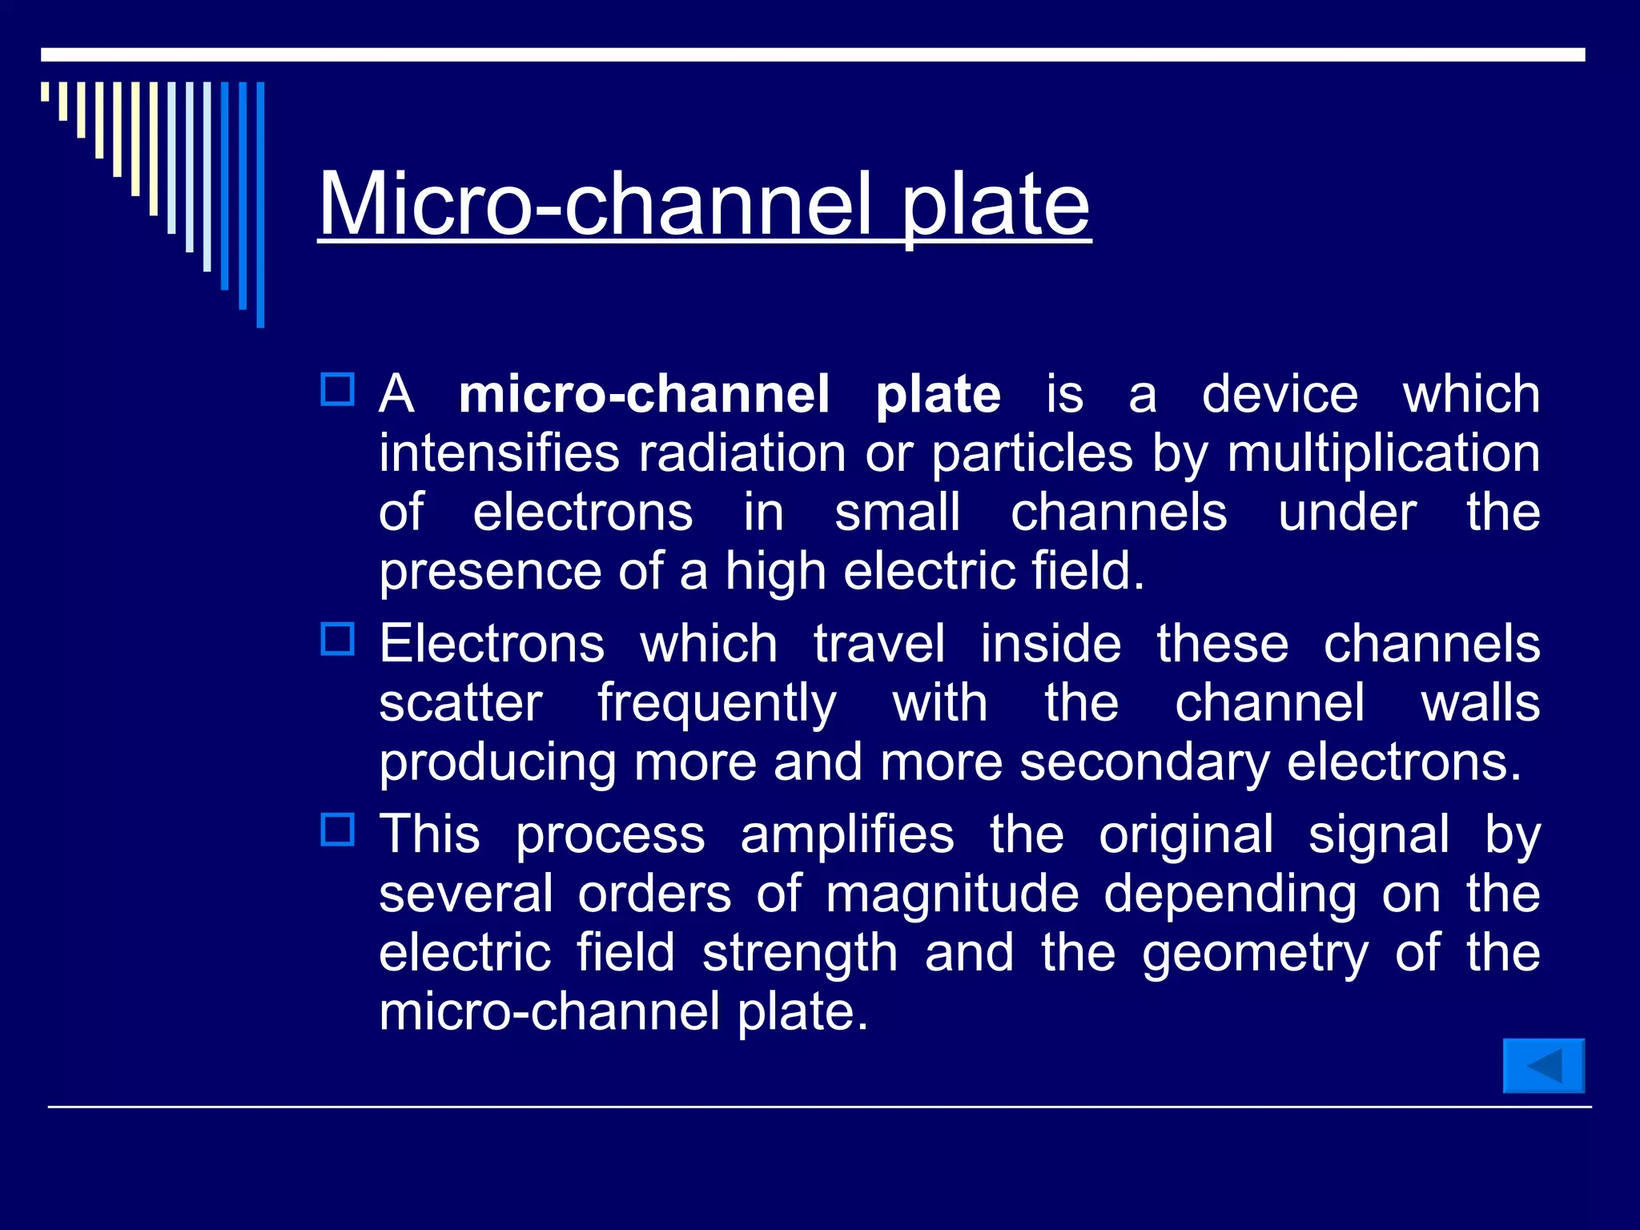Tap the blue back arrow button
(x=1543, y=1066)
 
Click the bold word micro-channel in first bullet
(x=644, y=394)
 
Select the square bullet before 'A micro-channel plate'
(x=337, y=390)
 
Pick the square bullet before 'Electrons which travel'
(x=337, y=640)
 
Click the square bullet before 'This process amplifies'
(x=337, y=830)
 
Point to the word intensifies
(x=499, y=453)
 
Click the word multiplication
(x=1383, y=453)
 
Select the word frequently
(x=717, y=703)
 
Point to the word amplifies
(x=847, y=834)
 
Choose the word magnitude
(x=952, y=894)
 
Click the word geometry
(x=1255, y=953)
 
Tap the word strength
(x=799, y=953)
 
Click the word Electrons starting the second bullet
(x=492, y=644)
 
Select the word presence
(x=489, y=572)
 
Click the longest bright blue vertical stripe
(x=260, y=204)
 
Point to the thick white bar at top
(x=813, y=54)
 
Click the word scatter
(x=460, y=703)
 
